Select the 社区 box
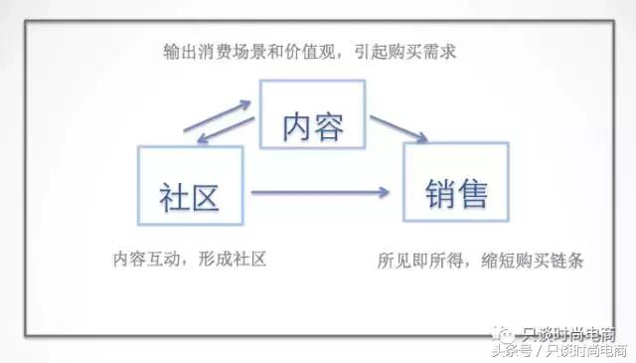point(188,191)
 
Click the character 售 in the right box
point(474,192)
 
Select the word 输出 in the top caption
point(179,49)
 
